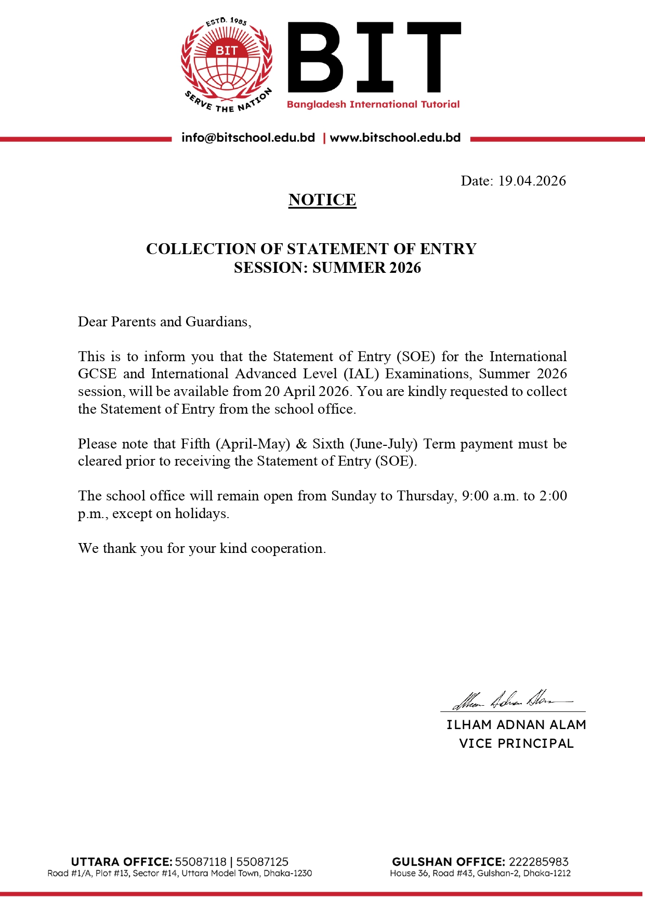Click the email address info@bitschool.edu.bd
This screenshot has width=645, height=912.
(248, 138)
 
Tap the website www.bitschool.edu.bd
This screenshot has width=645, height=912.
(395, 138)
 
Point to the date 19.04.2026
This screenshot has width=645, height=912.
(532, 181)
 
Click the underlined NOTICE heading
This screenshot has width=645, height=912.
(322, 200)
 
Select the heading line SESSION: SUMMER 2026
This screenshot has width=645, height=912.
(327, 268)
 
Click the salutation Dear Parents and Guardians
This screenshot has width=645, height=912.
(164, 322)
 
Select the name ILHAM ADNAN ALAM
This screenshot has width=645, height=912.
(516, 725)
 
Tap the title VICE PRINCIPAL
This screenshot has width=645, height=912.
(516, 744)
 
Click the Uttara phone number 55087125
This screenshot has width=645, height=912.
(262, 862)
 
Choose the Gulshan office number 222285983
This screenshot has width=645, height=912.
(538, 862)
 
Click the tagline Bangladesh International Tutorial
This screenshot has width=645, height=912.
(373, 104)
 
